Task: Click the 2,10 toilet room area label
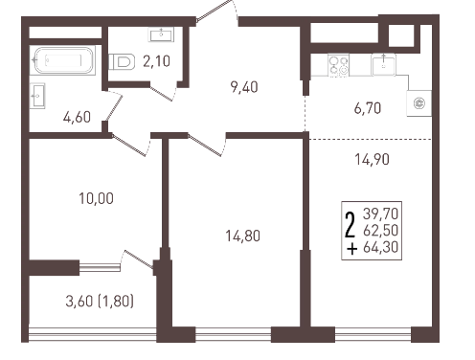coord(156,61)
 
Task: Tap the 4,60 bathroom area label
coord(77,117)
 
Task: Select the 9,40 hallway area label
coord(244,87)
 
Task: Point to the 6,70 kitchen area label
coord(368,108)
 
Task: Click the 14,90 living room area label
coord(373,159)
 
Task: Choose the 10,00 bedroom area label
coord(96,198)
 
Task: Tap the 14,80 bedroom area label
coord(243,236)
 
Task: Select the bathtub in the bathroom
coord(63,60)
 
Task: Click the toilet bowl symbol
coord(122,61)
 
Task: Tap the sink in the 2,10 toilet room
coord(161,34)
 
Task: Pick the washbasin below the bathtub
coord(37,96)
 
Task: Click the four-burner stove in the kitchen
coord(339,65)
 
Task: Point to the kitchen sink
coord(383,64)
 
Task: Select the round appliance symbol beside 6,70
coord(418,103)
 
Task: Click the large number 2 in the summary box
coord(351,225)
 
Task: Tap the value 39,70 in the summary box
coord(380,214)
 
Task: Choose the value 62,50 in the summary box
coord(380,230)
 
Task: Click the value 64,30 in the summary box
coord(380,247)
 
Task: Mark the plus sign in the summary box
coord(351,249)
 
